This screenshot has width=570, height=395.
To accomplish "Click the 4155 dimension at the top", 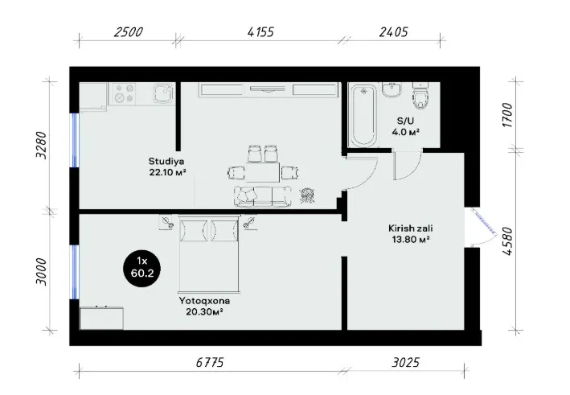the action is coord(260,32).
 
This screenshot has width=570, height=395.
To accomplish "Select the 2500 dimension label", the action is coord(129,32).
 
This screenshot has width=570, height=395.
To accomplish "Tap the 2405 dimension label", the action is coord(394,32).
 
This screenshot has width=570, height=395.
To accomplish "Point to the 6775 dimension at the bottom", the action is coord(210,362).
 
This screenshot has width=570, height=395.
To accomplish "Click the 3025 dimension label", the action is coord(406,362).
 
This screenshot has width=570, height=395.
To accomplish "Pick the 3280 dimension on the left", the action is coord(42,145).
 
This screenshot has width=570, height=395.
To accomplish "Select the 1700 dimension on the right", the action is coord(507,115).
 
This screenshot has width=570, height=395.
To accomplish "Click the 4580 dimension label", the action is coord(507,241).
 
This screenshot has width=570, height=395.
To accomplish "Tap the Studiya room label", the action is coord(166,161).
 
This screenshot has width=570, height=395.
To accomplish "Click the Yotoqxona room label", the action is coord(204,301).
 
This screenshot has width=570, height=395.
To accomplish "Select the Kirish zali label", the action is coord(410,228).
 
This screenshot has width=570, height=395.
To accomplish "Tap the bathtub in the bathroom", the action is coord(364,115).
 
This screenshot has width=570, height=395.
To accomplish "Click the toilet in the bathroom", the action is coord(421,96).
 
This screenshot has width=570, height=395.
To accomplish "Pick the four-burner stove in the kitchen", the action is coord(124,93).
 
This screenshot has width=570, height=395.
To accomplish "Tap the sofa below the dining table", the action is coord(262,196).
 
